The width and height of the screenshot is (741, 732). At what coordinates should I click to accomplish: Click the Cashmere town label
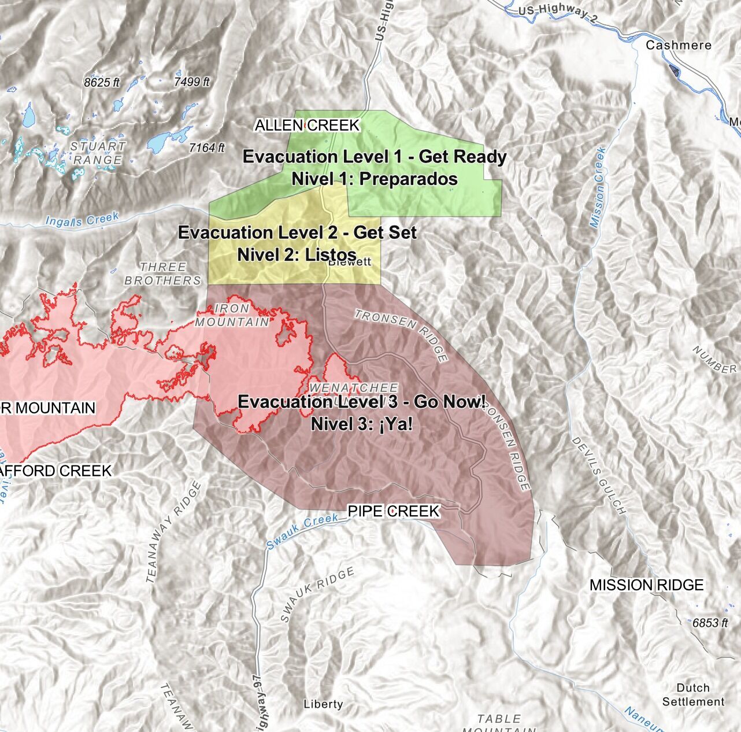(678, 45)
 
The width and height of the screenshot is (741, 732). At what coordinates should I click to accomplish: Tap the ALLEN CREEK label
(307, 125)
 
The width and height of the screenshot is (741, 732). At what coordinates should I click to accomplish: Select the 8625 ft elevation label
(101, 83)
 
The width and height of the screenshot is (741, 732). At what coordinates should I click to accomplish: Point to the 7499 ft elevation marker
(191, 82)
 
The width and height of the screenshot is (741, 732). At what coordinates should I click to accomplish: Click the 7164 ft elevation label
(206, 149)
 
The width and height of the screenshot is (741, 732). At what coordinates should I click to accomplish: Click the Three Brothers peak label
(163, 274)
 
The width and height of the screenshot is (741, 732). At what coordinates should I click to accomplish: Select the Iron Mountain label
(232, 316)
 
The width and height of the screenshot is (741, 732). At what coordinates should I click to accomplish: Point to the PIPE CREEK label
(393, 511)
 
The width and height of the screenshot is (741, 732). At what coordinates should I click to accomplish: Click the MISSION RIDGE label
(646, 585)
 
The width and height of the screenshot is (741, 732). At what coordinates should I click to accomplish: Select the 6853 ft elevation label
(710, 623)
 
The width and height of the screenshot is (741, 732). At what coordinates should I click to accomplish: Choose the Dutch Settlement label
(693, 694)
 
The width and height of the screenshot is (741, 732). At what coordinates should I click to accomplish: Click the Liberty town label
(323, 704)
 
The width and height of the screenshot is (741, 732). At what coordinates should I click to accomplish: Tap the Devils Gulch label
(598, 475)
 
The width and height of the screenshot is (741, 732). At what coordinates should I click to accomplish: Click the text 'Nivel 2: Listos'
(297, 254)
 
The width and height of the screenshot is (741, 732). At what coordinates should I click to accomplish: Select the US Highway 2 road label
(558, 14)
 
